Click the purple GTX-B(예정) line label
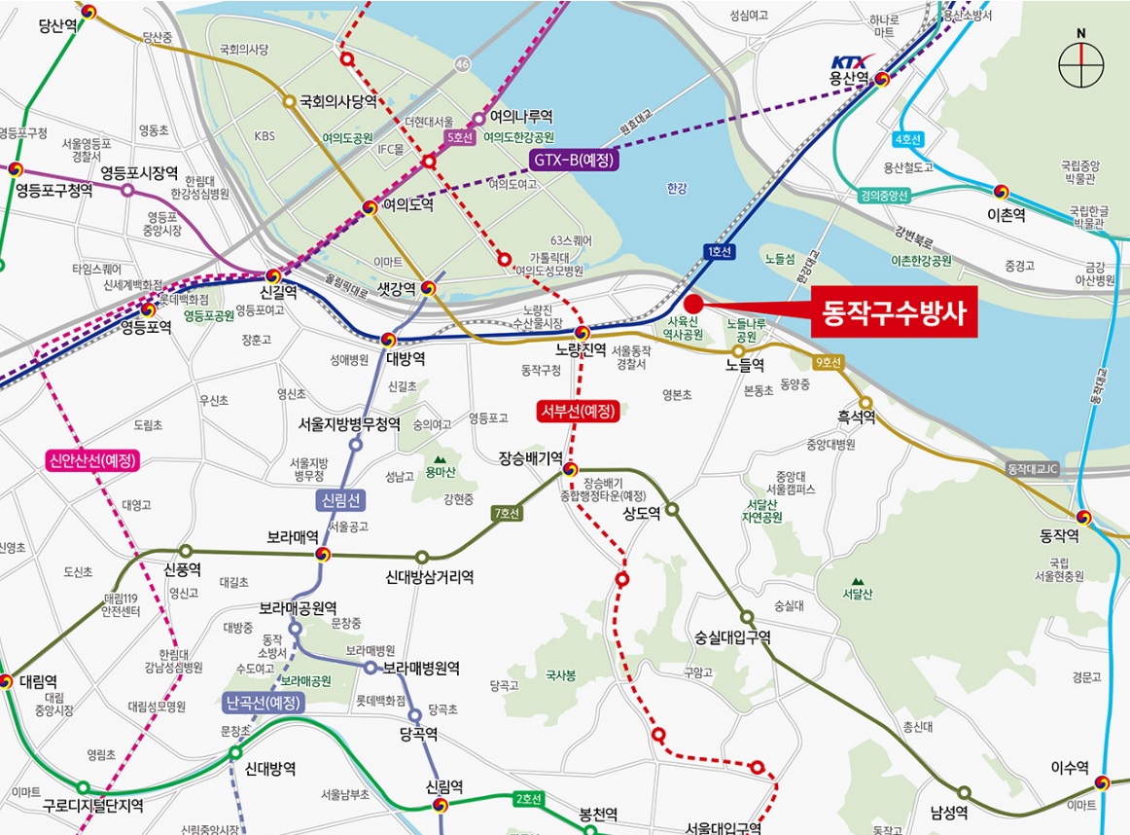coord(574,159)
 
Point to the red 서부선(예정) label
coord(579,411)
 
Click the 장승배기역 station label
coord(531,457)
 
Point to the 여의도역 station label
coord(407,206)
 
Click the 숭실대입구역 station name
coord(732,638)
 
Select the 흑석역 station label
coord(856,417)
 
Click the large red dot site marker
coord(693,303)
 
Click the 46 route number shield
coord(463,63)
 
